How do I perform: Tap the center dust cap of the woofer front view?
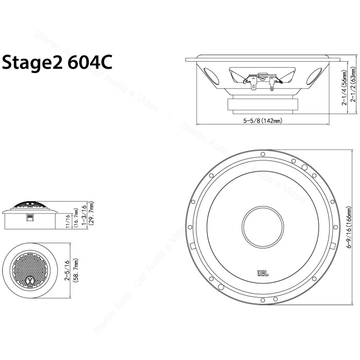(262, 227)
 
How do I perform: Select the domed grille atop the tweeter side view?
(31, 205)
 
